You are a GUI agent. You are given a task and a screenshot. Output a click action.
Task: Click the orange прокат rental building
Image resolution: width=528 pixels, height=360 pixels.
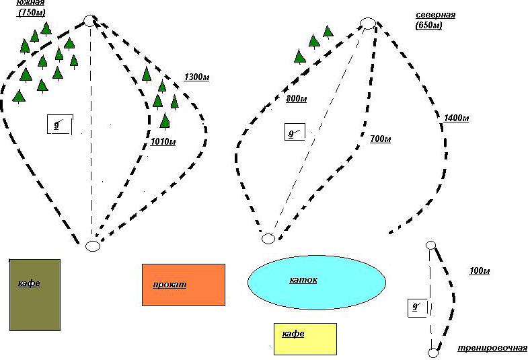tap(183, 285)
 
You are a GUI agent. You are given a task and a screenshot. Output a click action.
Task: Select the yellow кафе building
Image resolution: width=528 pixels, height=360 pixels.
tap(305, 338)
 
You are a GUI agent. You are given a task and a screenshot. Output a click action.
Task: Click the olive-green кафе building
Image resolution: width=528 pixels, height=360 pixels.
tap(35, 295)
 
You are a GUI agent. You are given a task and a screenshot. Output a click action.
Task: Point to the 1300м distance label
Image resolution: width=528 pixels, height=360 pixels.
tap(196, 78)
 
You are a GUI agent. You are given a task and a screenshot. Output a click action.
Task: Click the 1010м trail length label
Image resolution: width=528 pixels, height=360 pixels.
tap(163, 141)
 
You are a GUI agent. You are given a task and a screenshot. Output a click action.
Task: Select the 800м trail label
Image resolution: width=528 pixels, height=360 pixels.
tap(296, 99)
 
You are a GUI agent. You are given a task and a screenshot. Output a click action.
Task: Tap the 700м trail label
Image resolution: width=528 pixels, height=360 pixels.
tap(381, 139)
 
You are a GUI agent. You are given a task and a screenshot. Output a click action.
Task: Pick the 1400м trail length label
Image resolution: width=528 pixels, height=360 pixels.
tap(456, 118)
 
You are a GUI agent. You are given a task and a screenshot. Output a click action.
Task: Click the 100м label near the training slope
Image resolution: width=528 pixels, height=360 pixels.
tap(479, 271)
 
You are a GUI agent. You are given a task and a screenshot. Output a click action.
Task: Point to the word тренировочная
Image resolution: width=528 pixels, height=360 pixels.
tap(492, 348)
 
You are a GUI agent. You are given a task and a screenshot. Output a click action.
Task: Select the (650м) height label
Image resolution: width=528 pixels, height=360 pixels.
tap(428, 26)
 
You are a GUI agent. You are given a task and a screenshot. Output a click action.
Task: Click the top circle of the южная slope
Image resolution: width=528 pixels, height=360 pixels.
tap(90, 21)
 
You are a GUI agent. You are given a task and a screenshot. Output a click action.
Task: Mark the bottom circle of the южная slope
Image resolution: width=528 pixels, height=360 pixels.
tap(93, 246)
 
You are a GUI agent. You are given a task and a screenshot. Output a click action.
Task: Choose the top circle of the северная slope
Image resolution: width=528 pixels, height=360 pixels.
tap(368, 24)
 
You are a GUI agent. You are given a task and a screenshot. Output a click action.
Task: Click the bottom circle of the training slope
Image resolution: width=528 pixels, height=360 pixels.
tap(432, 353)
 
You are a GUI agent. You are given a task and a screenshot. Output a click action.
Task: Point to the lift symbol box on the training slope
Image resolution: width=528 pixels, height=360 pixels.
tap(416, 308)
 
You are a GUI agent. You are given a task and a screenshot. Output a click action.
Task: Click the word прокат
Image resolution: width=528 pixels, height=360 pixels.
tap(169, 285)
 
